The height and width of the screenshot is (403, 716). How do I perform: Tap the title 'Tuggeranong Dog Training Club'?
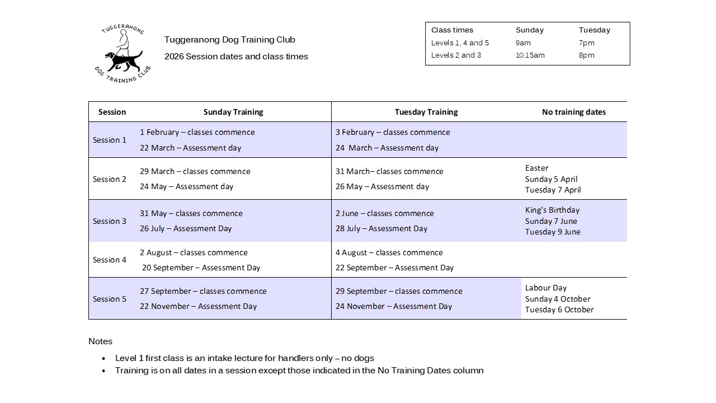(x=229, y=40)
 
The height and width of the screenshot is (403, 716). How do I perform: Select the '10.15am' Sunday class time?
(x=530, y=55)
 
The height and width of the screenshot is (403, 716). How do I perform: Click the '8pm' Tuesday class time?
(x=587, y=55)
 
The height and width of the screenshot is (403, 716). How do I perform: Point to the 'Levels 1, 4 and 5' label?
(x=460, y=43)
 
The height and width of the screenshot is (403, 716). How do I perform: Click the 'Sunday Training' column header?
(x=233, y=112)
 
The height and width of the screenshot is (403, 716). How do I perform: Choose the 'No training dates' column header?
(x=573, y=112)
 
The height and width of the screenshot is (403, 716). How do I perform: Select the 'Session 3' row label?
(x=110, y=221)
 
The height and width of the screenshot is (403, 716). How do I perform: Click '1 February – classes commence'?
(x=197, y=133)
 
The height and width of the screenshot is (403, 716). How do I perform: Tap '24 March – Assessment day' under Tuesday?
(x=387, y=148)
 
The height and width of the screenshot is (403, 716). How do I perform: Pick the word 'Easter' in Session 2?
(x=537, y=168)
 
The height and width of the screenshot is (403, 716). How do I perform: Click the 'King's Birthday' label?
(x=552, y=210)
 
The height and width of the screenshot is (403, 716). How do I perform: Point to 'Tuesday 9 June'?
(x=553, y=232)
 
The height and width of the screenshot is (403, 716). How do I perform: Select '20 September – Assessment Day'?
(x=201, y=268)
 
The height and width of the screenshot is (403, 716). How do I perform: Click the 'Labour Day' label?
(x=546, y=288)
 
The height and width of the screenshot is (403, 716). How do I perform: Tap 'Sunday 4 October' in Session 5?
(x=558, y=299)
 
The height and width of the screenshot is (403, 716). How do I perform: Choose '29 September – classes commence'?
(x=399, y=292)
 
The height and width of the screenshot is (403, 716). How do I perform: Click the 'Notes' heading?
(x=100, y=341)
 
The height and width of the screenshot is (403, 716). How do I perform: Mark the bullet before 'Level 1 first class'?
(x=103, y=359)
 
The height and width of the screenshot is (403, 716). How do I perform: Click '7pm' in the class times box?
(x=587, y=43)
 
